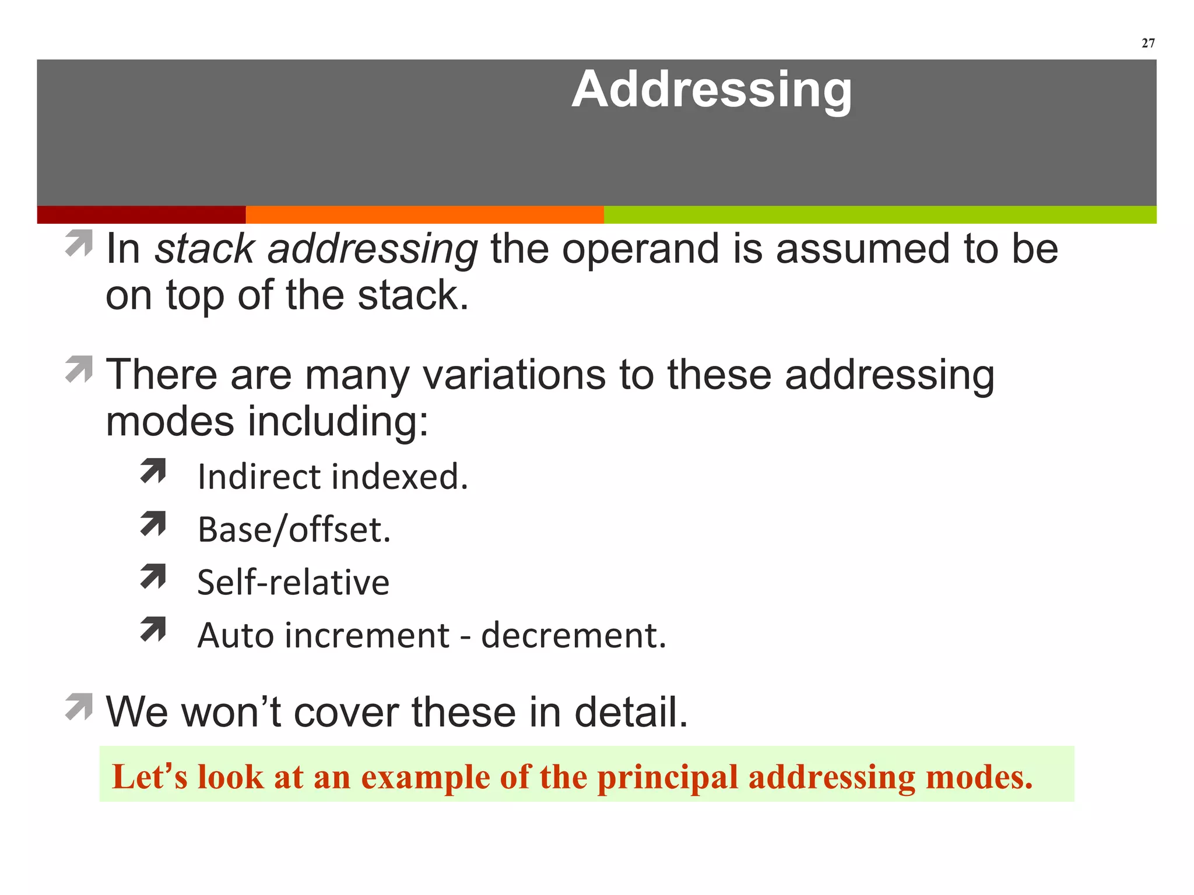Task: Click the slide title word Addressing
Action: (x=711, y=90)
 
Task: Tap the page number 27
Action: (x=1148, y=43)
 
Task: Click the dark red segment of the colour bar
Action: (x=141, y=214)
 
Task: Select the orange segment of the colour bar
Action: (x=424, y=214)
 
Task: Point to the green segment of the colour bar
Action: (x=880, y=214)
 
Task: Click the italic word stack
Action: (x=204, y=249)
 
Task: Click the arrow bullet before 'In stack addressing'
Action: (x=79, y=243)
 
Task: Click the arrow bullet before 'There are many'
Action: (x=79, y=369)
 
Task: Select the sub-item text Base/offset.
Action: (x=294, y=530)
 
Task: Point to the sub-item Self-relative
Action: (x=293, y=582)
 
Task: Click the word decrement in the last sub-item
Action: (x=573, y=635)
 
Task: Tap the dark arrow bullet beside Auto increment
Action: (x=153, y=630)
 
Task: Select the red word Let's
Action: (x=150, y=777)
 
